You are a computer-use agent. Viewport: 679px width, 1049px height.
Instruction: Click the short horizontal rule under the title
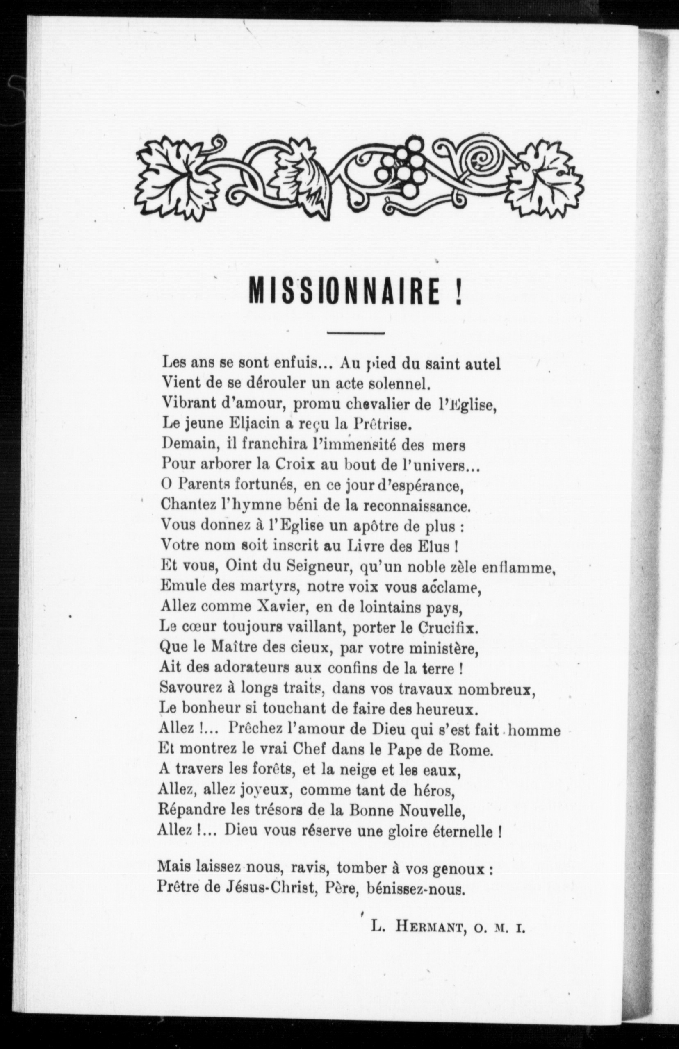[x=356, y=333]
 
